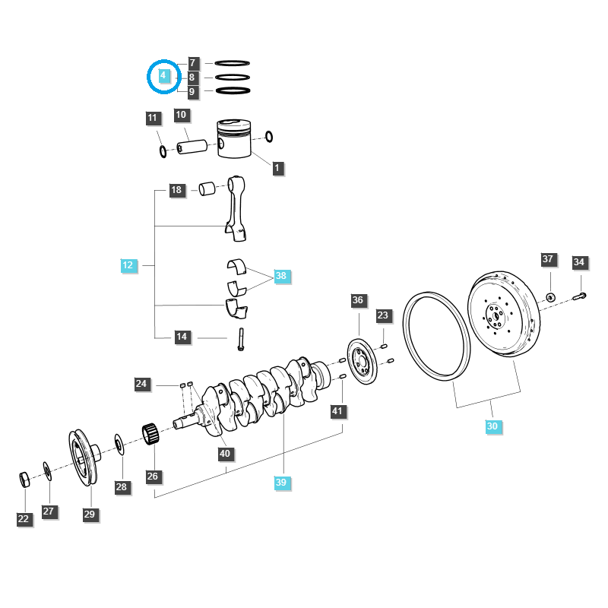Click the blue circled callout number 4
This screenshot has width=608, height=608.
(x=162, y=76)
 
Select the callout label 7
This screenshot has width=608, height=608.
(x=192, y=62)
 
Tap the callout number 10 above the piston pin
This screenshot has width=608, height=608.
(x=181, y=116)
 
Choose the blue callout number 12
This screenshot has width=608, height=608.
(x=128, y=265)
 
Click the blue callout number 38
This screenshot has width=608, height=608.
(x=281, y=277)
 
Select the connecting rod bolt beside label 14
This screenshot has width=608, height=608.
(x=241, y=339)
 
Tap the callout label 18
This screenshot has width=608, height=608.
(x=176, y=190)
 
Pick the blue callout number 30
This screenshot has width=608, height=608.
(x=492, y=426)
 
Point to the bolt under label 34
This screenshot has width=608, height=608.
(x=581, y=295)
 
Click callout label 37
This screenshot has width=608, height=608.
(x=548, y=259)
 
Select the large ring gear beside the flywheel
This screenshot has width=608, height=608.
(x=436, y=334)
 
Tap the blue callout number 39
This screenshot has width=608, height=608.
(x=282, y=483)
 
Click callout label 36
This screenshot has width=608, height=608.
(x=358, y=300)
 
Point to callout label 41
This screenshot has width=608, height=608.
(x=337, y=411)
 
